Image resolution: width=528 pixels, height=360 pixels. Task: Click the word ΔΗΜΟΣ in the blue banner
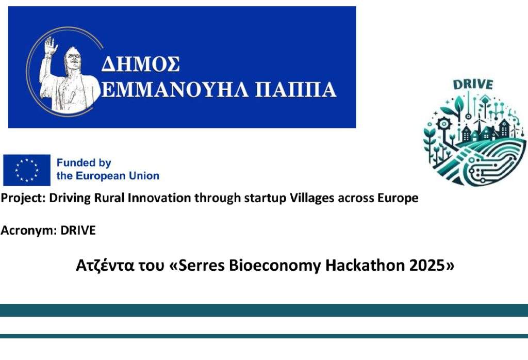tap(140, 63)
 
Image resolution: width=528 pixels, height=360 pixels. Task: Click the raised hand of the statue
tap(51, 45)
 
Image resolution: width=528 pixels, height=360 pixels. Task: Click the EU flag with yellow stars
tap(27, 170)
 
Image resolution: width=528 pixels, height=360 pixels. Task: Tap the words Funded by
tap(84, 163)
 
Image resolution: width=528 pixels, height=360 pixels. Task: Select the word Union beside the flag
tap(145, 176)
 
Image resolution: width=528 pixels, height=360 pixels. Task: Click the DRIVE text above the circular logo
tap(473, 84)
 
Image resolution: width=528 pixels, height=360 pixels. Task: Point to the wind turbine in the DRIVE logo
tap(478, 123)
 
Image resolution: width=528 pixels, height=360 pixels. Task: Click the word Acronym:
tap(29, 231)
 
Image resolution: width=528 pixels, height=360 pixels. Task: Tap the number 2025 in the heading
tap(427, 266)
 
